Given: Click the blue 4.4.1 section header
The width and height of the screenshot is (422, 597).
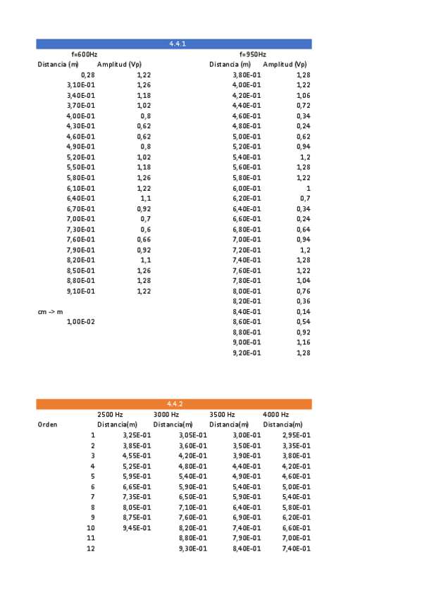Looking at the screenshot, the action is (x=175, y=44).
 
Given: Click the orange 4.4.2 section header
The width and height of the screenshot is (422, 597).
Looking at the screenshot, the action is (x=175, y=403).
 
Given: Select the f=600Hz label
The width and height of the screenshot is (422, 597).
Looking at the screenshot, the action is (x=85, y=54).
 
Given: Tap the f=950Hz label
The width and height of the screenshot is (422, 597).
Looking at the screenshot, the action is (x=253, y=54).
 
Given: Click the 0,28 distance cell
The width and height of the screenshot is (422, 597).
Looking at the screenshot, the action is (x=87, y=75).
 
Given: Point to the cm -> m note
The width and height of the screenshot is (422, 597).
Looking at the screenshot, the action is (x=50, y=311).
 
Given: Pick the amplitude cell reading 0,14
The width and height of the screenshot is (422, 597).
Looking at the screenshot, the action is (x=303, y=311).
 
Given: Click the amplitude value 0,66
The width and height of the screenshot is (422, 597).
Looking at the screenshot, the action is (x=144, y=239).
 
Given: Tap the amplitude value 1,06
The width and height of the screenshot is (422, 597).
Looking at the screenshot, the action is (x=303, y=95).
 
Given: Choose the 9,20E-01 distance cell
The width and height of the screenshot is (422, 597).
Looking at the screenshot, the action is (x=247, y=353).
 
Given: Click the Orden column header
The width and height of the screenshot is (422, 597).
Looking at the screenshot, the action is (x=48, y=425).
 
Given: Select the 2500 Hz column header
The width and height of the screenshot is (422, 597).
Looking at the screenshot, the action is (x=111, y=415).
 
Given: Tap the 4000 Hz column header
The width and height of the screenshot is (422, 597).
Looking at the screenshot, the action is (x=275, y=415).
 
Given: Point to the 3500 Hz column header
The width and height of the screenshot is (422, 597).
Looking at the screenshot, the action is (x=222, y=415).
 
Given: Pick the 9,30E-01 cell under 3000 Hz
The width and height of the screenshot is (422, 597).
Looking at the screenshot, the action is (x=192, y=548).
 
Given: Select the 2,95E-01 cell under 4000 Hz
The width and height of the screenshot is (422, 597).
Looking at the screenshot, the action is (x=296, y=435).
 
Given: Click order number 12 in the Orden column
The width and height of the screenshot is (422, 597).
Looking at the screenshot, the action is (x=90, y=548).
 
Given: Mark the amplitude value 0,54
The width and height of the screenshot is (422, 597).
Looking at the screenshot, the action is (x=303, y=322).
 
